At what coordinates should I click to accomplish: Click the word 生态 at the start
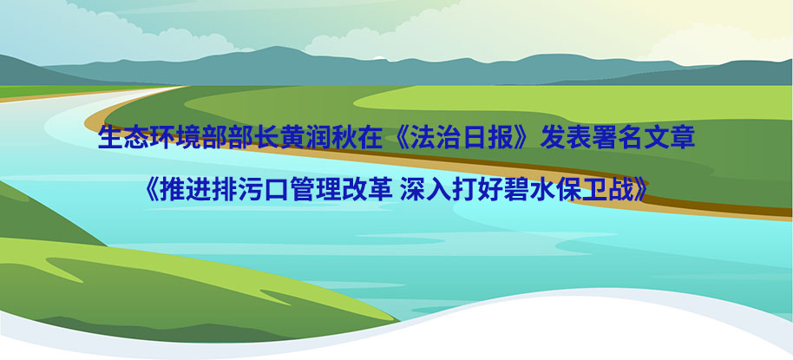tap(124, 138)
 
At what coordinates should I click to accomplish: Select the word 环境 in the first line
tap(176, 138)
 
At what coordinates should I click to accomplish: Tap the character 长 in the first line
tap(269, 138)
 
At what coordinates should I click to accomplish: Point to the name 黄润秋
tap(321, 138)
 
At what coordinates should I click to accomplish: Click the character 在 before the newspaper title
tap(374, 138)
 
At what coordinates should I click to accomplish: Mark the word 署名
tap(618, 138)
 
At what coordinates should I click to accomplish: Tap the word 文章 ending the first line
tap(670, 138)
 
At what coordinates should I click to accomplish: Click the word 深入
tap(426, 190)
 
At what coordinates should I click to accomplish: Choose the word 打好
tap(479, 190)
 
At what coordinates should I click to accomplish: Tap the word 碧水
tap(532, 190)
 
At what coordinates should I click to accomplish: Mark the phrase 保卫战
tap(597, 190)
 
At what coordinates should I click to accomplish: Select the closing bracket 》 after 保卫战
tap(642, 190)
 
